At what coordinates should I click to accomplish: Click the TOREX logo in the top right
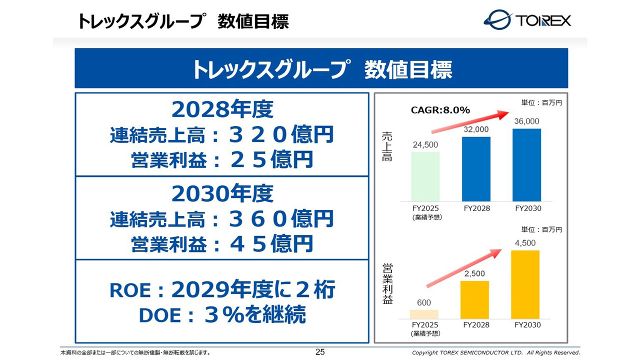click(x=527, y=20)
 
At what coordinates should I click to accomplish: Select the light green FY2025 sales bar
click(x=425, y=176)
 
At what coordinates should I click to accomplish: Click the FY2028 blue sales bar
click(x=476, y=169)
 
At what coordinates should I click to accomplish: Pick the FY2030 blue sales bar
click(x=526, y=165)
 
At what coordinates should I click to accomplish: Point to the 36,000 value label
click(x=526, y=121)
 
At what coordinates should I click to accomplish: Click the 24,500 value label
click(x=425, y=145)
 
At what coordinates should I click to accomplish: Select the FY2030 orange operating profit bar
click(x=525, y=284)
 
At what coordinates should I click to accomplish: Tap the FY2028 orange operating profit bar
click(x=474, y=300)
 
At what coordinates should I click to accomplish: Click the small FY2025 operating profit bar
click(x=424, y=314)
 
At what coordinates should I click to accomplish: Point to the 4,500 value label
click(x=525, y=243)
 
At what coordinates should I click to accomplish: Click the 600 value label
click(x=424, y=302)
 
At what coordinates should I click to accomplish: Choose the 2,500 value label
click(x=474, y=273)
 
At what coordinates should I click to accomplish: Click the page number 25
click(x=320, y=352)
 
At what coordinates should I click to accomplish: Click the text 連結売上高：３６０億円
click(x=222, y=219)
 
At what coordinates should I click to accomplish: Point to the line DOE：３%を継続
click(x=222, y=315)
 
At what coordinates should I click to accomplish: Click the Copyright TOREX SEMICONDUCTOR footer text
click(x=495, y=352)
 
